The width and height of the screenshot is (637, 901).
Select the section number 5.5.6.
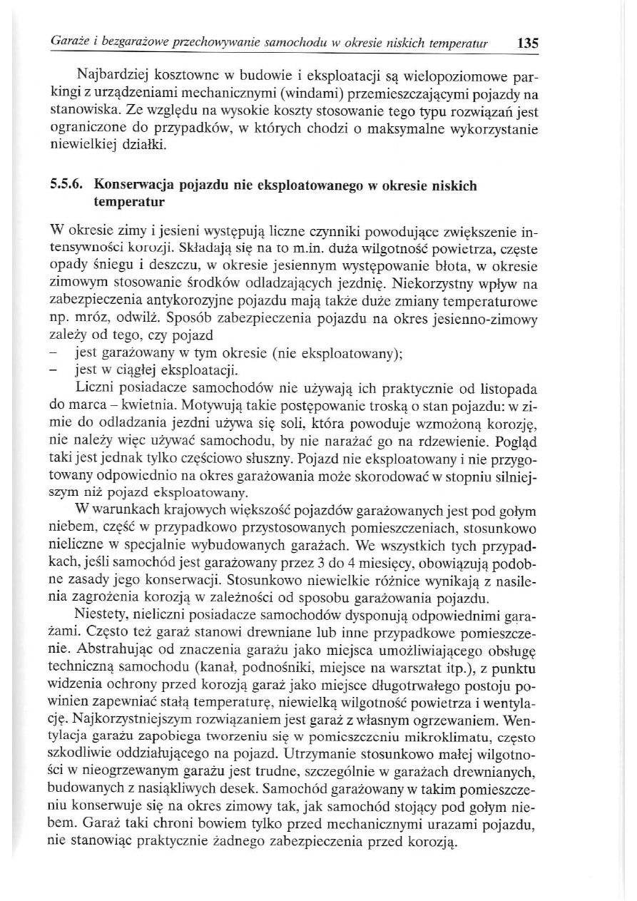pyautogui.click(x=68, y=186)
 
